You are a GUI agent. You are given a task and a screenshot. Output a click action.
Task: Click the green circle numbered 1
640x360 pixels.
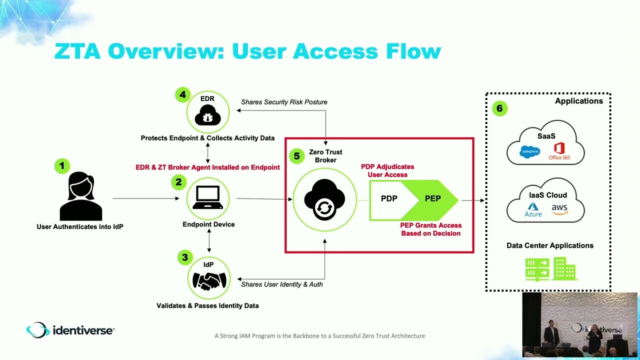click(62, 165)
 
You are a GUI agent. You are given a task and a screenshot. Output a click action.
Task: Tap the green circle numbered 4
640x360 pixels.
click(183, 95)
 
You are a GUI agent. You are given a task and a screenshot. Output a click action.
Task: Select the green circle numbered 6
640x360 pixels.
click(499, 108)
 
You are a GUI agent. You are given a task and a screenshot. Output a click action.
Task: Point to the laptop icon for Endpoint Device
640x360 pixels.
click(208, 197)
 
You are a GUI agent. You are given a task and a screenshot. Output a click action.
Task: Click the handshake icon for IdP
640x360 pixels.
click(209, 280)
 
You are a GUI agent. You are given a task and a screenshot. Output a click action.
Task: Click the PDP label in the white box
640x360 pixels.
click(389, 198)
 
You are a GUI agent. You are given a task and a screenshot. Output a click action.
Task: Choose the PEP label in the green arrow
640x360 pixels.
click(432, 198)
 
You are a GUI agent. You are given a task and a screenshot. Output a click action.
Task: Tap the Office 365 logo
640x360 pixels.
click(559, 150)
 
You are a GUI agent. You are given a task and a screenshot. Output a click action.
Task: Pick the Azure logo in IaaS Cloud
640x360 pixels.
click(533, 209)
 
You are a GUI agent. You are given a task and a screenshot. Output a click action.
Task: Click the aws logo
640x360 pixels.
click(559, 209)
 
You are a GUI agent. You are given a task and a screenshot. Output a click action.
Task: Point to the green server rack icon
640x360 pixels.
click(537, 269)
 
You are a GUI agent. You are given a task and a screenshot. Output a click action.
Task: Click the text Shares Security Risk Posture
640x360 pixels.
click(284, 102)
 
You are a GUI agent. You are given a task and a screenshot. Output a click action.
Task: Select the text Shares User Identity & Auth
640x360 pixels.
click(282, 284)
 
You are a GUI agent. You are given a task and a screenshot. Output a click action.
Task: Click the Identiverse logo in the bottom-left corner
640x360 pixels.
click(70, 330)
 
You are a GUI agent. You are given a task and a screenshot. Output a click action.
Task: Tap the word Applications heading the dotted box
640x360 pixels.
click(578, 101)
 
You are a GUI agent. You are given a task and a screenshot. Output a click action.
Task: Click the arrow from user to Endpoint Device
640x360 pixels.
click(145, 198)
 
